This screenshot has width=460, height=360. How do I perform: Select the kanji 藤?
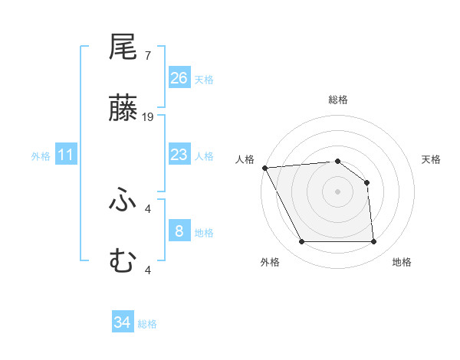click(x=123, y=109)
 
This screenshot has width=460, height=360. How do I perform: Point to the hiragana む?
click(x=123, y=261)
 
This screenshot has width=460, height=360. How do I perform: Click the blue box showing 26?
click(x=179, y=78)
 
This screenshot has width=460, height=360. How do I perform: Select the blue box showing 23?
click(x=179, y=155)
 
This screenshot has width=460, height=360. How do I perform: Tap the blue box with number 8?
click(x=179, y=231)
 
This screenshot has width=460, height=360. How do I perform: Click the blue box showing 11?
click(x=66, y=155)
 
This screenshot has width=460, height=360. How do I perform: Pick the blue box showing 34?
click(x=123, y=323)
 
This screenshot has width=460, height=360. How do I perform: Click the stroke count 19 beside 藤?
click(x=149, y=116)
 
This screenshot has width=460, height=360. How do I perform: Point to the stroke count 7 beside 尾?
click(x=147, y=55)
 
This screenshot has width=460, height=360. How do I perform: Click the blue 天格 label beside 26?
click(x=204, y=79)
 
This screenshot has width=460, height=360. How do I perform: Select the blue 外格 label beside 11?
click(x=41, y=156)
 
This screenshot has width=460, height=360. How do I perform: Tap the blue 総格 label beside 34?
click(x=147, y=324)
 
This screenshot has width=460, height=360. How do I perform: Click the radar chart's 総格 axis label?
click(x=338, y=100)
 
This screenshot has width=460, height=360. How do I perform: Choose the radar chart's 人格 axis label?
click(x=246, y=159)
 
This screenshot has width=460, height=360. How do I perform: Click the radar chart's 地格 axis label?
click(x=402, y=262)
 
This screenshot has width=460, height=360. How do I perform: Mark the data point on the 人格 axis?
click(x=264, y=168)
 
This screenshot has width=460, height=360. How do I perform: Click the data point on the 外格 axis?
click(x=301, y=242)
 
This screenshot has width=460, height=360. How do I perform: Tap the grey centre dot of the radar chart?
click(x=337, y=191)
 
